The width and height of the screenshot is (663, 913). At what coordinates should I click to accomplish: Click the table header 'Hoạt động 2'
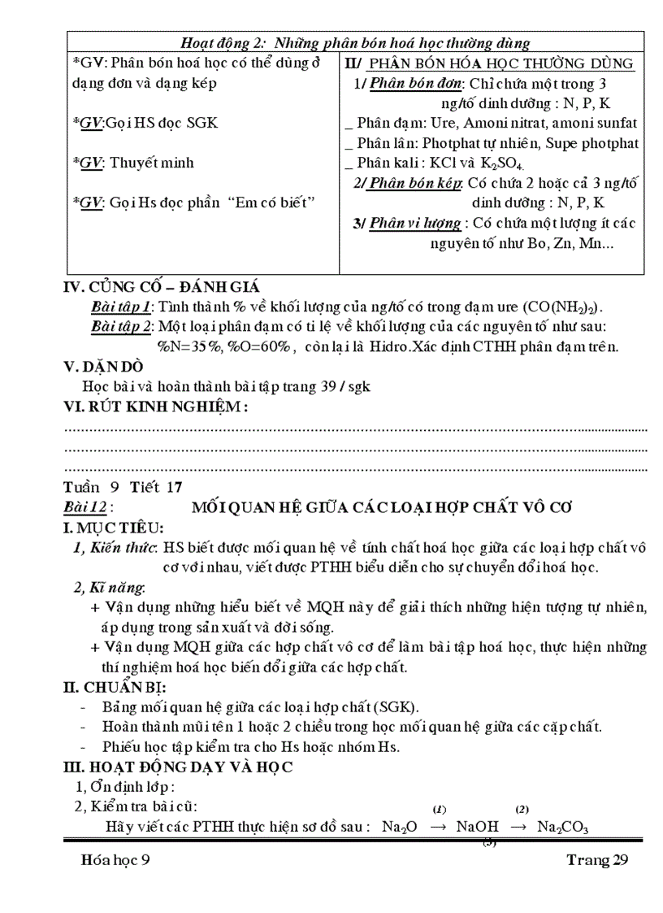pyautogui.click(x=227, y=42)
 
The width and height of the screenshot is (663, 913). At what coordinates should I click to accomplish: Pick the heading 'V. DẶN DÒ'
pyautogui.click(x=98, y=367)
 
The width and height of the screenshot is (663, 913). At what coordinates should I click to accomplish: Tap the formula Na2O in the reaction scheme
pyautogui.click(x=399, y=827)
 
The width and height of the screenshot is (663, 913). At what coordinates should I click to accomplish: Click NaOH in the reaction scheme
pyautogui.click(x=477, y=827)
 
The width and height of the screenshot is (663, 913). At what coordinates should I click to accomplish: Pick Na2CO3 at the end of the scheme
pyautogui.click(x=561, y=827)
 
